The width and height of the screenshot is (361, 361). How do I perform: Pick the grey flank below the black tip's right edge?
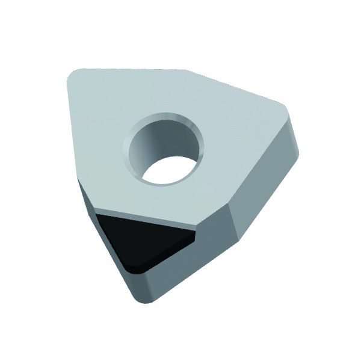[x=180, y=265]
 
